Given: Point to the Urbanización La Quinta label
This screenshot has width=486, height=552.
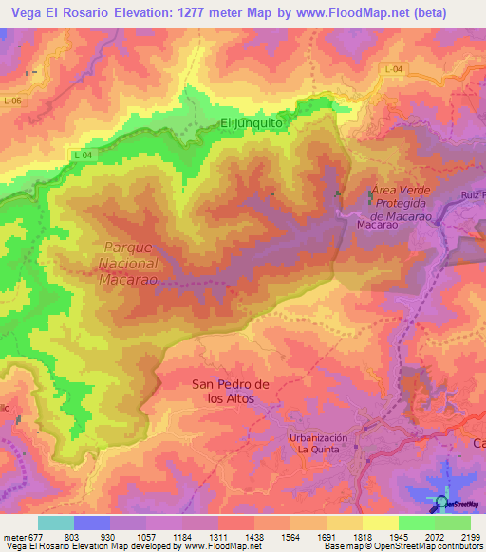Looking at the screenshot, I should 319,443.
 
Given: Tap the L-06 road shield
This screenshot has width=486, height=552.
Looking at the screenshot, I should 11,101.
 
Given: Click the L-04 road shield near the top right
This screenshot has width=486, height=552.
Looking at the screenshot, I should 395,69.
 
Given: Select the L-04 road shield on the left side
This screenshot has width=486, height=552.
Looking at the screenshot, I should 83,154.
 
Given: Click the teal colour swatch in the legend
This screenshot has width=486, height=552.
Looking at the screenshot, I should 55,523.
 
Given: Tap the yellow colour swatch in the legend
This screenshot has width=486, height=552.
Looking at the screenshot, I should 380,523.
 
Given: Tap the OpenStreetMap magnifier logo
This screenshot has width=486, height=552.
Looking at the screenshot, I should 442,502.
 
